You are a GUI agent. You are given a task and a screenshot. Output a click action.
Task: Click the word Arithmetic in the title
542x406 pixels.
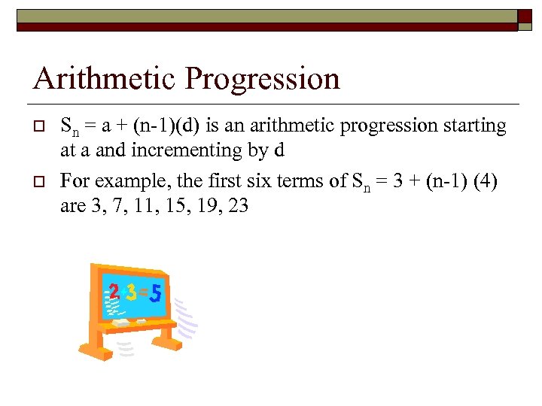pos(99,79)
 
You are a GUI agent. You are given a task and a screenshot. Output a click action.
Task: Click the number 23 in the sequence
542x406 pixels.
pos(237,205)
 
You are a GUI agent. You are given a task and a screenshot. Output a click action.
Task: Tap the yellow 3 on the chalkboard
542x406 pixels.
pos(131,292)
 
